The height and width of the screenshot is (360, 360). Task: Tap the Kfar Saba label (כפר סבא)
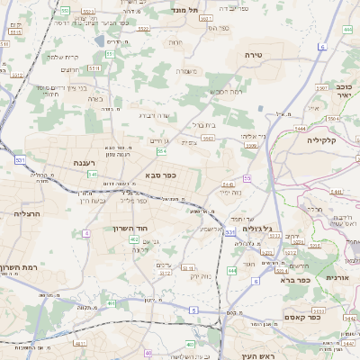point(158,175)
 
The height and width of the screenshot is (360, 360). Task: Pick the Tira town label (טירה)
point(253,55)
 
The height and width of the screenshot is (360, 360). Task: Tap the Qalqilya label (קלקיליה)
point(320,140)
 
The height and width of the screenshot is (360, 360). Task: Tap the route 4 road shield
point(86,233)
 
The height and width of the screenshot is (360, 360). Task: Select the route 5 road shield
point(193,310)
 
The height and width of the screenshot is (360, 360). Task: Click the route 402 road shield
point(134,239)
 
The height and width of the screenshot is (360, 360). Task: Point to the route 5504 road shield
point(334,118)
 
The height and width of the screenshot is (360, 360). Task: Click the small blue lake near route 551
point(97,40)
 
